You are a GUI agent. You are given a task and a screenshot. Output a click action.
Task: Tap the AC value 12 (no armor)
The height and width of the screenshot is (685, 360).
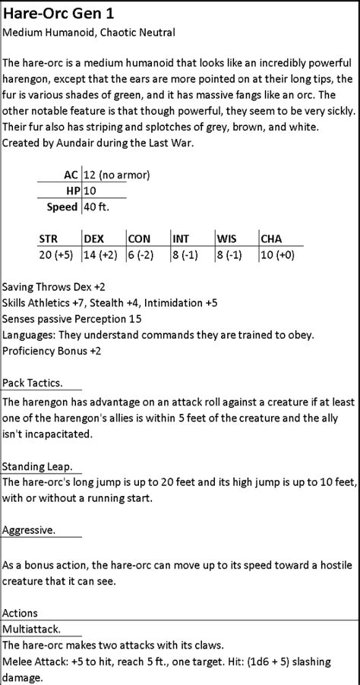click(x=117, y=174)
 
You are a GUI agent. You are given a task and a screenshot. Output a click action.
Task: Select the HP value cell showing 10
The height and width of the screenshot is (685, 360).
click(x=90, y=190)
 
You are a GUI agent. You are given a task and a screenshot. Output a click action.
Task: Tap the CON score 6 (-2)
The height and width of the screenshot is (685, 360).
click(x=144, y=254)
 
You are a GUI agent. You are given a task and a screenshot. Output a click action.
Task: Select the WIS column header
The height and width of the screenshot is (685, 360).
click(x=226, y=238)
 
